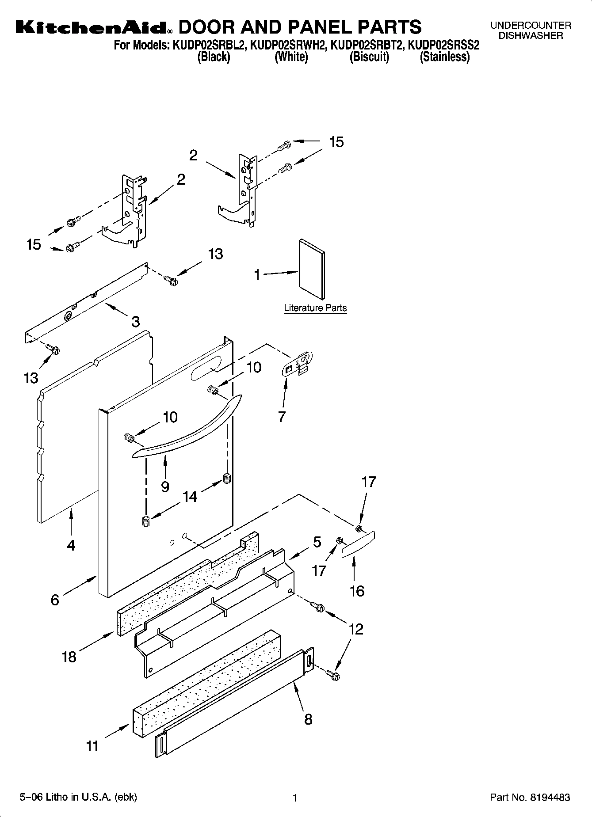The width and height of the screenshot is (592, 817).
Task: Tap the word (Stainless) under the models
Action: pos(444,57)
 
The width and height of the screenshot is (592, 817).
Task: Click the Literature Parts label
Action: pos(315,308)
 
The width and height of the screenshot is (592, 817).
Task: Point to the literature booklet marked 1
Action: pos(312,269)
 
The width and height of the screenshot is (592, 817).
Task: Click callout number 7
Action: pos(282,416)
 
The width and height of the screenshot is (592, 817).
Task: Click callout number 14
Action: pos(190,497)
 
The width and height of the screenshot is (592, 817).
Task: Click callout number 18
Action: pos(69,657)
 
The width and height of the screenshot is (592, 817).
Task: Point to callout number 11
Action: pos(92,746)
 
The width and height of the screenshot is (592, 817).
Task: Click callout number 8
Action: pos(308,719)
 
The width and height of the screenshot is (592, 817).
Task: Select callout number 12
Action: pos(356,629)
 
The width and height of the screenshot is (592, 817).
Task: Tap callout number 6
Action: pos(55,600)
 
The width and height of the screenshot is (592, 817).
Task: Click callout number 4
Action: pos(71,545)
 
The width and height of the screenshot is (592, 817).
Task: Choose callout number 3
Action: pos(135,321)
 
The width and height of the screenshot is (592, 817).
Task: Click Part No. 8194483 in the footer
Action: pos(530,798)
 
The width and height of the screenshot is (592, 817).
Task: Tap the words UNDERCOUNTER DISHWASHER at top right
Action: pos(531,30)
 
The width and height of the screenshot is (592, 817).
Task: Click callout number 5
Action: pos(317,542)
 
